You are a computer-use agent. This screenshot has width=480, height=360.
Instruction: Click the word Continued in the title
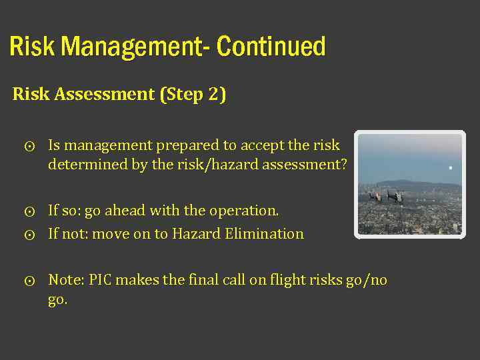coord(271,47)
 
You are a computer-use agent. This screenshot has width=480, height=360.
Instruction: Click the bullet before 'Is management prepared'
coord(29,146)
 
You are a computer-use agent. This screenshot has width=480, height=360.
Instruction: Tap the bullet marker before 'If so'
coord(29,212)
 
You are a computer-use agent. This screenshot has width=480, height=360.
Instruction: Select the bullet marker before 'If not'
coord(29,235)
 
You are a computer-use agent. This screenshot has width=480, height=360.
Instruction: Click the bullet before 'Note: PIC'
coord(29,281)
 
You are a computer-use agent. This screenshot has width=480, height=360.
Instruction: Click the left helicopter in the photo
coord(375,197)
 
